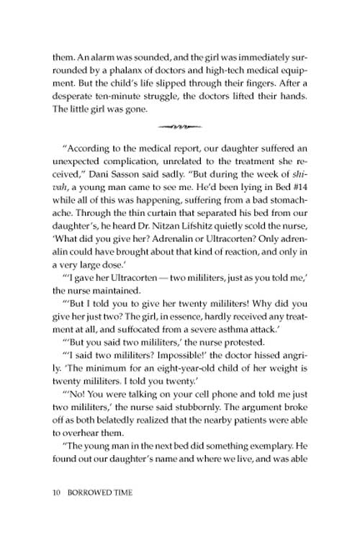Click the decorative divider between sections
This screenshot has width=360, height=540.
point(180,125)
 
